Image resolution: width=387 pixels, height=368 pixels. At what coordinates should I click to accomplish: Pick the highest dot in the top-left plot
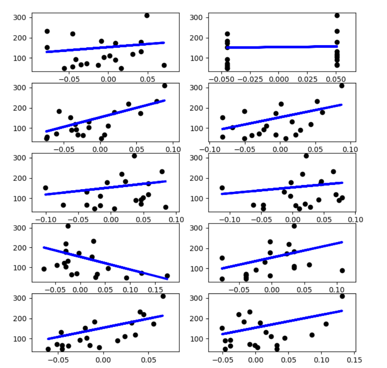(x=147, y=15)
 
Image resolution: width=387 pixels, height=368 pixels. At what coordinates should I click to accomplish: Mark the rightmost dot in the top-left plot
(x=164, y=65)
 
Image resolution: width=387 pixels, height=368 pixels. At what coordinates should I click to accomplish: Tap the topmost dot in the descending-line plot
(x=68, y=226)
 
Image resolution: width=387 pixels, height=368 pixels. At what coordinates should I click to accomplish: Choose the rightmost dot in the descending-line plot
(x=167, y=276)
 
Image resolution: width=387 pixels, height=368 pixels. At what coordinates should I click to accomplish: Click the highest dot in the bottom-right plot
(x=342, y=296)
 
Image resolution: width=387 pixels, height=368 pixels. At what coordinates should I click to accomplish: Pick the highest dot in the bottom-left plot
(x=163, y=296)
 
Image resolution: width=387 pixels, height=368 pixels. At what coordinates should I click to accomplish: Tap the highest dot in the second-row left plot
(x=164, y=86)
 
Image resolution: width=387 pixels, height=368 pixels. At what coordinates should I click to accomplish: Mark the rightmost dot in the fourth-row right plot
(x=342, y=270)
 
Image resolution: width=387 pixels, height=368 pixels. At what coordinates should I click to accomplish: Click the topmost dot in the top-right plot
(x=337, y=15)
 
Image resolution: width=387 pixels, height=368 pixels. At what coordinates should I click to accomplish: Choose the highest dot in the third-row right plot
(x=306, y=156)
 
